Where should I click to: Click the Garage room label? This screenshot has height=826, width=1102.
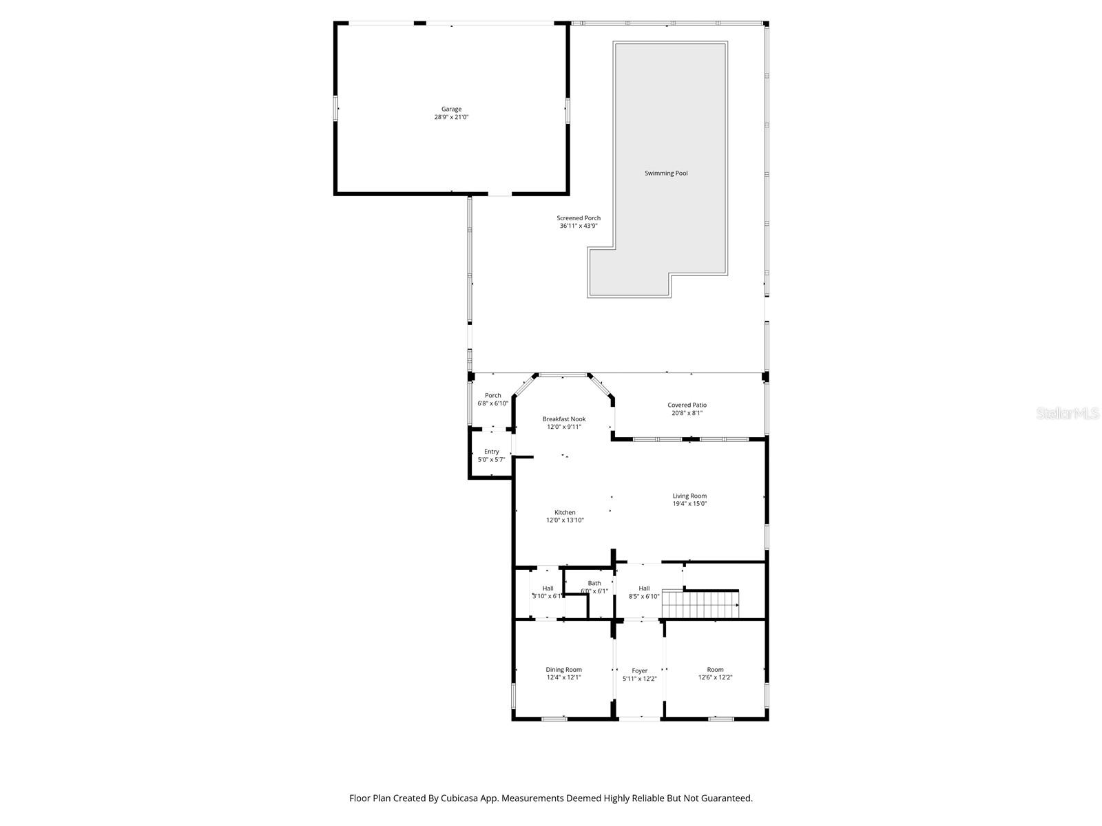pyautogui.click(x=451, y=109)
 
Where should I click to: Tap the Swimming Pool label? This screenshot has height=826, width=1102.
pyautogui.click(x=666, y=173)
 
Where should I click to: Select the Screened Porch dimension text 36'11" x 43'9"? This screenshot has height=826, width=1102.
pyautogui.click(x=579, y=226)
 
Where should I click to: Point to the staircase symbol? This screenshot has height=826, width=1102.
pyautogui.click(x=700, y=605)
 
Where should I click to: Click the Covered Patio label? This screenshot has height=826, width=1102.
pyautogui.click(x=687, y=405)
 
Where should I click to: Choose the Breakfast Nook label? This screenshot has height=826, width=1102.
pyautogui.click(x=563, y=419)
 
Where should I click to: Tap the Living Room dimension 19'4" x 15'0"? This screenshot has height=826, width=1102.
pyautogui.click(x=689, y=504)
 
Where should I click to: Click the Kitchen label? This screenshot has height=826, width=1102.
pyautogui.click(x=565, y=512)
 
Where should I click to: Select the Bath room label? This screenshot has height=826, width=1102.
pyautogui.click(x=594, y=583)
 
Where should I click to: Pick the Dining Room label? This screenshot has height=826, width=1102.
pyautogui.click(x=563, y=670)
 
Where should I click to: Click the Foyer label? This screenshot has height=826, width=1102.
pyautogui.click(x=640, y=670)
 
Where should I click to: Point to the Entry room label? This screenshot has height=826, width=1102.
pyautogui.click(x=491, y=452)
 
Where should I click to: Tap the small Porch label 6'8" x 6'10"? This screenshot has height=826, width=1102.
pyautogui.click(x=492, y=399)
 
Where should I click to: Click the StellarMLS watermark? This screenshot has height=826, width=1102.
pyautogui.click(x=1068, y=413)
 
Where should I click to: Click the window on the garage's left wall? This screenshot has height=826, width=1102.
pyautogui.click(x=336, y=109)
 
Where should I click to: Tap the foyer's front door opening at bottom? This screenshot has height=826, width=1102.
pyautogui.click(x=640, y=719)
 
